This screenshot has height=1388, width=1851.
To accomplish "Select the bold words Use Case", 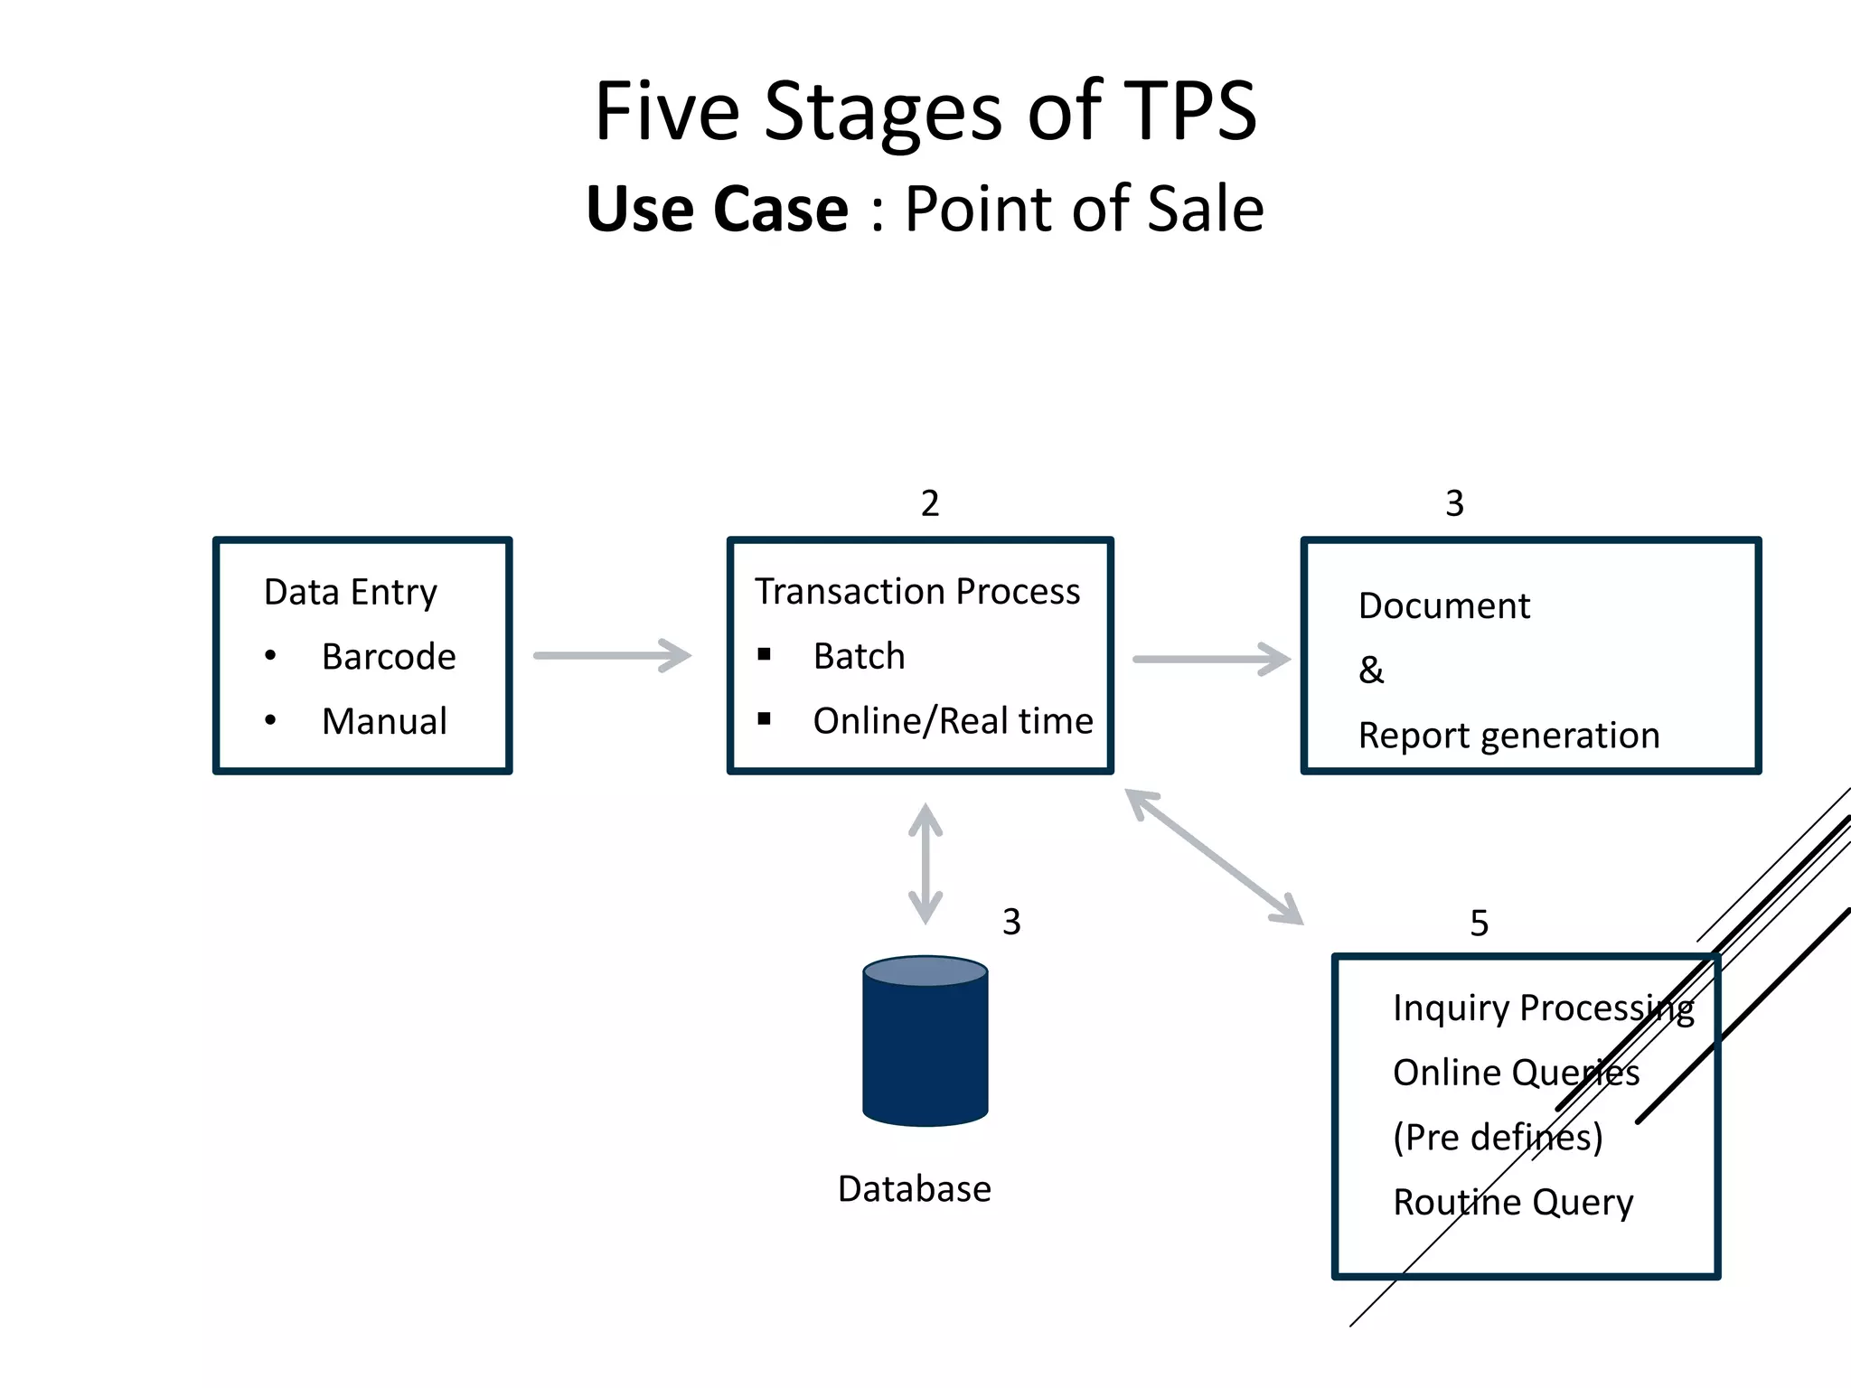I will click(x=718, y=210).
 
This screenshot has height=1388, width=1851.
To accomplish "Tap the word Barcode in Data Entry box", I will click(x=389, y=657).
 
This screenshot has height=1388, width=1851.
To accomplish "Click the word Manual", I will click(x=384, y=722).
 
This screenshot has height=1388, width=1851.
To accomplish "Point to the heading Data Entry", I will click(x=351, y=593).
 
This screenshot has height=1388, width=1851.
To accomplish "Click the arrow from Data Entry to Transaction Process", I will click(x=612, y=655).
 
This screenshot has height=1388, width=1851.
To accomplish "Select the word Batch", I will click(x=859, y=656).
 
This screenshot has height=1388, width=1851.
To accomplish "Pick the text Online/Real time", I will click(x=953, y=721).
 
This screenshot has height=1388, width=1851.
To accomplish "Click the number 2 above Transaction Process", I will click(x=930, y=503).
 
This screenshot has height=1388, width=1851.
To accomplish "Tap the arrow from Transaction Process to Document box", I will click(x=1211, y=659).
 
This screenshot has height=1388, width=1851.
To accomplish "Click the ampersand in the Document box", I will click(x=1371, y=671).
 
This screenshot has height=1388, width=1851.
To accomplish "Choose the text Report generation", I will click(x=1508, y=736).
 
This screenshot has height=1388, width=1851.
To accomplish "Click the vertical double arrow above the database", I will click(x=925, y=864).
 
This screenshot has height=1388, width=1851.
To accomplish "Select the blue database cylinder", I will click(x=925, y=1041).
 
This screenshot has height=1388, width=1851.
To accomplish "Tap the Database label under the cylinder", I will click(x=914, y=1189).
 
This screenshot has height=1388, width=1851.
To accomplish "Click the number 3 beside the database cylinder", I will click(x=1011, y=922).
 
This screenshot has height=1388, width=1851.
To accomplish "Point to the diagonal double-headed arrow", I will click(x=1214, y=857).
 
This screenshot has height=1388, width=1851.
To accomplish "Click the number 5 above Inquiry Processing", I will click(x=1479, y=924).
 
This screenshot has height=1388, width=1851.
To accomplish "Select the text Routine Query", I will click(x=1513, y=1203).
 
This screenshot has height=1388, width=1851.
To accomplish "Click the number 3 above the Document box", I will click(x=1454, y=503).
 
